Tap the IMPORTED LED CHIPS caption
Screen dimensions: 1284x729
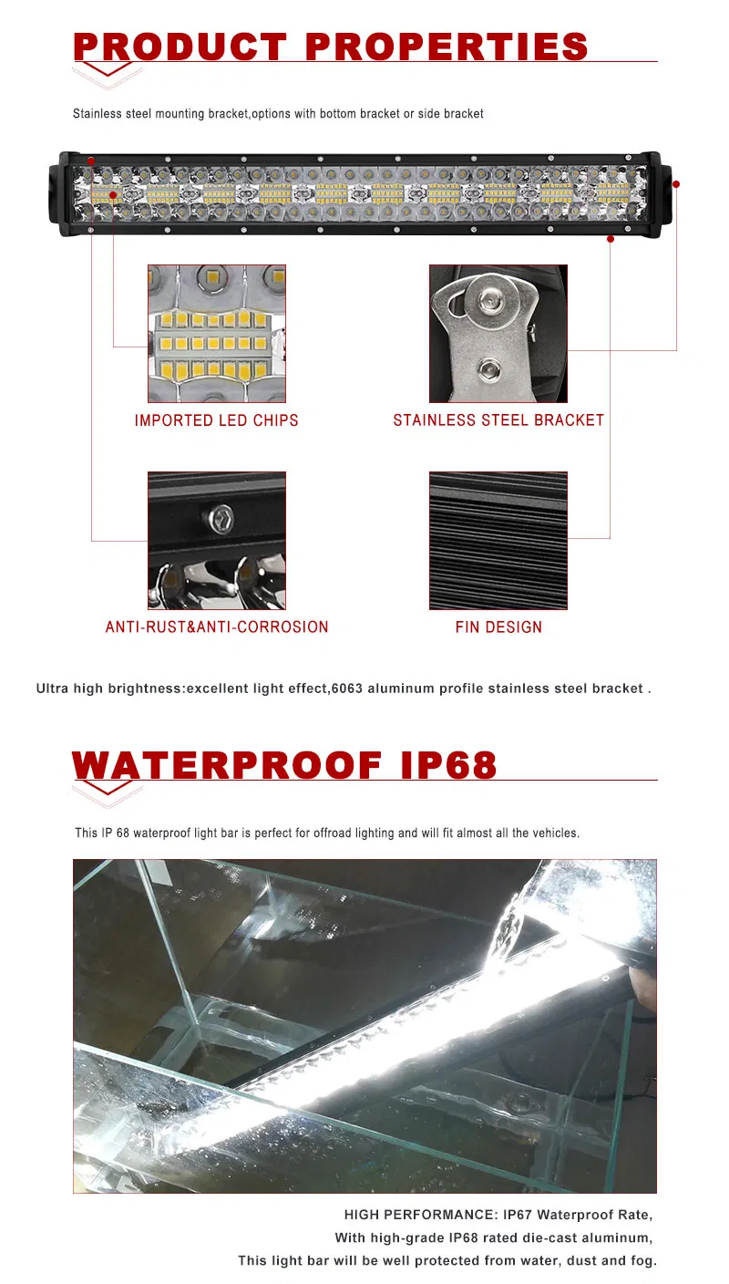coord(217,420)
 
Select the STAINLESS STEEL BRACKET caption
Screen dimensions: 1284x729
coord(498,420)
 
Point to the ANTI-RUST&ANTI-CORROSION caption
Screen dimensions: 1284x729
coord(217,627)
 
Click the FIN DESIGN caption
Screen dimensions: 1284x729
coord(498,627)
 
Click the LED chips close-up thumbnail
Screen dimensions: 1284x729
coord(217,334)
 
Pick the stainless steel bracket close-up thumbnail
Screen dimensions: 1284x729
coord(498,334)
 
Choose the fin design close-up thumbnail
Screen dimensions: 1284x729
coord(498,541)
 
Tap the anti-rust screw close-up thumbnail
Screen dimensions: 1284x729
coord(217,541)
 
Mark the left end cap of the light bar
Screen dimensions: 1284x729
coord(67,194)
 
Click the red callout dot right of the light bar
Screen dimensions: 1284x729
coord(676,184)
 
